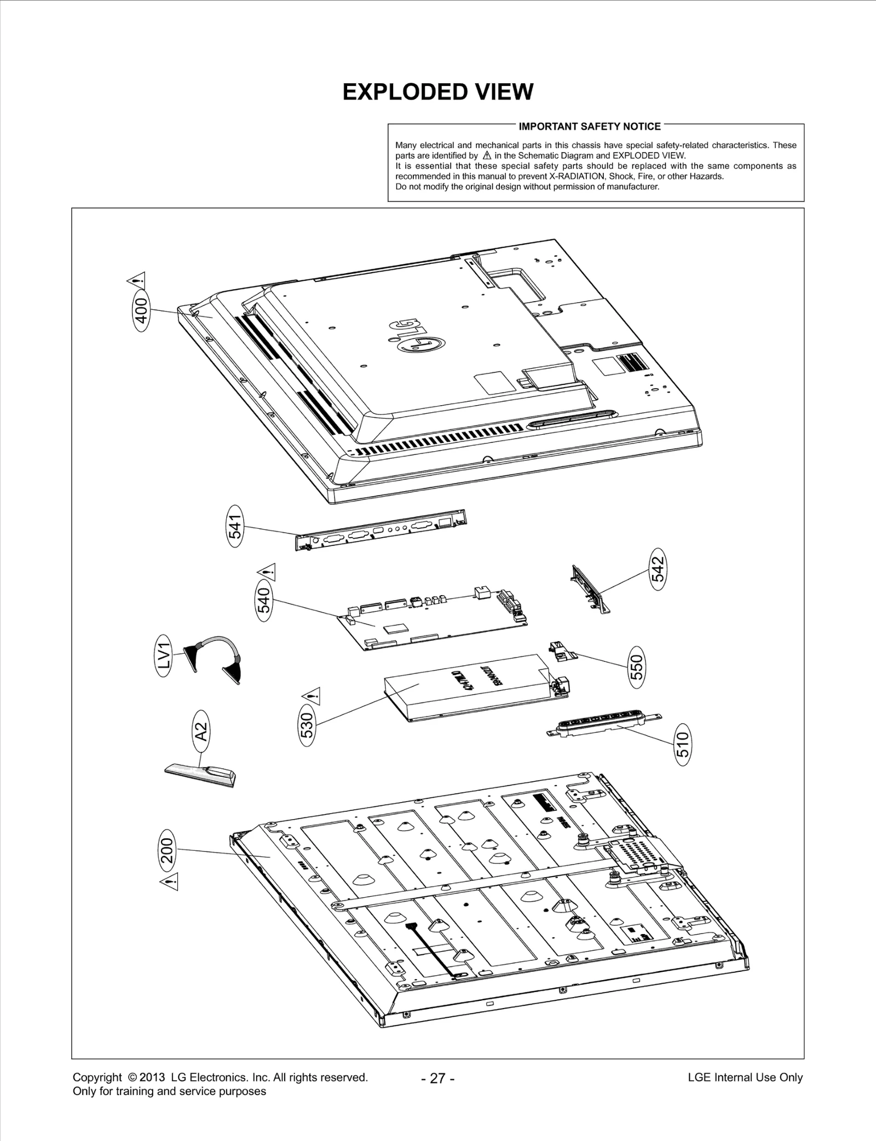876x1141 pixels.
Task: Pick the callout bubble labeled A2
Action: coord(201,730)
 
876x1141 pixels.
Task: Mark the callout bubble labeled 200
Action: coord(168,850)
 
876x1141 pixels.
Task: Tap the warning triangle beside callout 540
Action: coord(268,572)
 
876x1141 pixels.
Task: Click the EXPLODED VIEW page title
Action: coord(437,92)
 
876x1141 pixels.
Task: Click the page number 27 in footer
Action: coord(438,1078)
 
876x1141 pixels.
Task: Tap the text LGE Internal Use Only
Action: coord(745,1077)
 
